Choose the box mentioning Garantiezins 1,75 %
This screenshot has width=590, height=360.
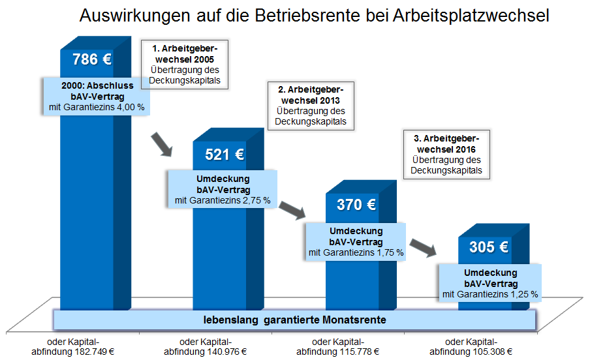[356, 241]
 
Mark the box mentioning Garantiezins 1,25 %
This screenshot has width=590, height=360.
[490, 283]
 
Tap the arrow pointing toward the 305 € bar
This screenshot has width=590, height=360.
[424, 248]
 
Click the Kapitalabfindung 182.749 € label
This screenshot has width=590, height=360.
[73, 347]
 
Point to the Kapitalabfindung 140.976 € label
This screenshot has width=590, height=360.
[205, 347]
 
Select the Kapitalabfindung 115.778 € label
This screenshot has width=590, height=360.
[339, 347]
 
